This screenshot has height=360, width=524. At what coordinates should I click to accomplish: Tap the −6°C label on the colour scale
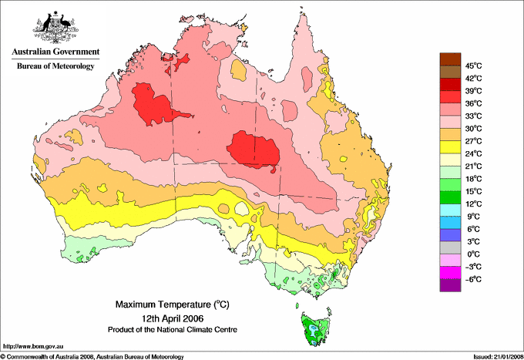pos(471,279)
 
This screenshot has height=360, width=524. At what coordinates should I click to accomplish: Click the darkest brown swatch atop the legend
pos(448,59)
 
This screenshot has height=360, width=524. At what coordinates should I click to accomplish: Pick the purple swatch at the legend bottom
pos(448,285)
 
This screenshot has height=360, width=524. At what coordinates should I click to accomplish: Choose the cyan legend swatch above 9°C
pos(448,210)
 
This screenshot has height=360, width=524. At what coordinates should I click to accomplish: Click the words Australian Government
pos(54,52)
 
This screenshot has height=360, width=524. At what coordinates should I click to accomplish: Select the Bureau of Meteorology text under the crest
pos(55,66)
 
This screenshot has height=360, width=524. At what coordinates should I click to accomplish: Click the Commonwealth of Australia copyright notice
pos(92,356)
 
